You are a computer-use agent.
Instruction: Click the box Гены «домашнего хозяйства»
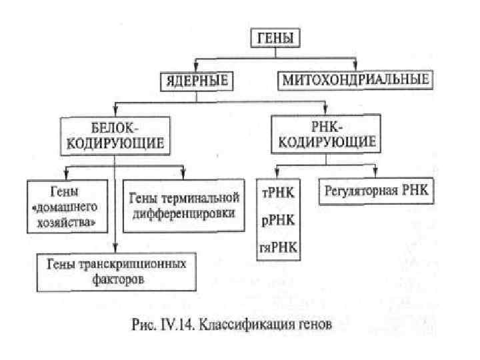(69, 205)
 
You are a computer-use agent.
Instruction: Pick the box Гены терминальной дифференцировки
(181, 205)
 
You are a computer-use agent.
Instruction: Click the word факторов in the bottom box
(115, 280)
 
